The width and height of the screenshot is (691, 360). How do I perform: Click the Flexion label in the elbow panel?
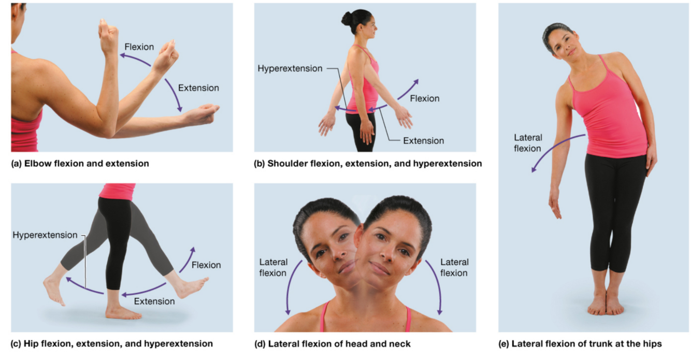139,47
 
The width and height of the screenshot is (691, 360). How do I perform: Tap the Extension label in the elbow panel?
198,88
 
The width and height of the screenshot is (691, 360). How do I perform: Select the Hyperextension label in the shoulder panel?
290,68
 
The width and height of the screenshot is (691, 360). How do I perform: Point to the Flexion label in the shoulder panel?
425,98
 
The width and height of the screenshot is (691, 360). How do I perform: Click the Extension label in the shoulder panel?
423,140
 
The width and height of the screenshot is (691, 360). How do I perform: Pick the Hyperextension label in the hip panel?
45,235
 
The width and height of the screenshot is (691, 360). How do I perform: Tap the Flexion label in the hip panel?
206,265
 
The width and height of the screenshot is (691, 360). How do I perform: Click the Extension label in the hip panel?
154,301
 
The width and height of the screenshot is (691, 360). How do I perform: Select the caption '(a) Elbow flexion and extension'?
80,164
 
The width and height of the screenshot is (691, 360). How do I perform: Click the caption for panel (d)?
332,343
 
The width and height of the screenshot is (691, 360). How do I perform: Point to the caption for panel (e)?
586,343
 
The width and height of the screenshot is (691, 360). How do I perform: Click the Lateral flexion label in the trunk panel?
528,143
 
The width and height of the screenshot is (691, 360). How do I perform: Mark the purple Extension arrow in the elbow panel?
174,94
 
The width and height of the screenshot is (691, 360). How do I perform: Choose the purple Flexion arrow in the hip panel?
188,260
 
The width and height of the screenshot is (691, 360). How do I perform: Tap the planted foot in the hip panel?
122,312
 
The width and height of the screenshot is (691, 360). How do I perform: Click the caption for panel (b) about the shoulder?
368,164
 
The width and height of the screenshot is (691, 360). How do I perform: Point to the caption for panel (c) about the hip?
112,343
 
